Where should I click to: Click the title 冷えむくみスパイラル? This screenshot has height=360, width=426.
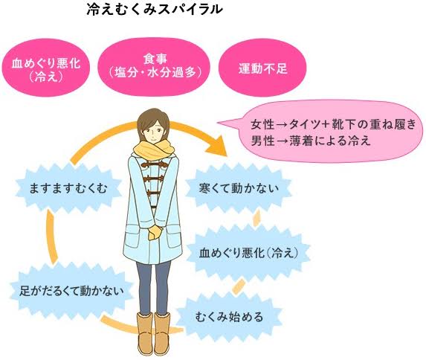coord(155,9)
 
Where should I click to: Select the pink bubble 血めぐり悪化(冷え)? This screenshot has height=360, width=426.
coord(45,68)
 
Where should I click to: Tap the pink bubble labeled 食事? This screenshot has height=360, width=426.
coord(154,66)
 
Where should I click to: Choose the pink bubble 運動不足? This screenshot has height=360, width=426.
coord(262,68)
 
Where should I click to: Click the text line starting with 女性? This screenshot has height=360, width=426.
coord(333,124)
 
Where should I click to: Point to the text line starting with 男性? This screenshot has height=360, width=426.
coord(311,141)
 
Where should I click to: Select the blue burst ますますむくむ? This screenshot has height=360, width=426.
coord(68,188)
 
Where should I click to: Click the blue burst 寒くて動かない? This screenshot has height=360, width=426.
coord(239,188)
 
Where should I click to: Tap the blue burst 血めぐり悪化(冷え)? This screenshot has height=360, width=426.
coord(248,253)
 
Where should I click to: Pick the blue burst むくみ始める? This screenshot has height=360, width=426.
coord(229,317)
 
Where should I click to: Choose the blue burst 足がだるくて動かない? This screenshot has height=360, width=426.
coord(71,291)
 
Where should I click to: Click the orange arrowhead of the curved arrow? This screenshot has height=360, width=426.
coord(218,146)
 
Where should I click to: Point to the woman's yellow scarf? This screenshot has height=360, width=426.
coord(153,150)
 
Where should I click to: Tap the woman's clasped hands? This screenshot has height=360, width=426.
coord(155,232)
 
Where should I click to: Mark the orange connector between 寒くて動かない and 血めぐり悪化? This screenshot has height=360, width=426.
coord(256,218)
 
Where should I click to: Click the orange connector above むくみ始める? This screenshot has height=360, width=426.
coord(239,287)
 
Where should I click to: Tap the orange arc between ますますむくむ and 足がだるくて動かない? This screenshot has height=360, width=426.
coord(51,236)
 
